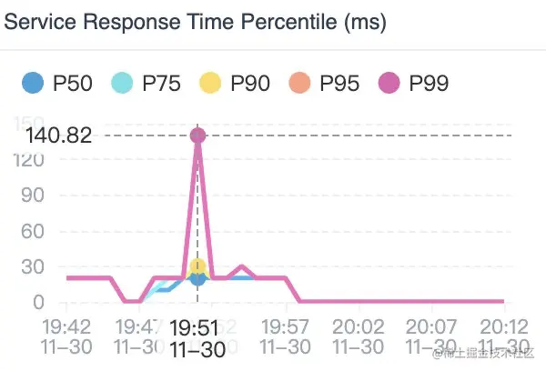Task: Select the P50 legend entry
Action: tap(58, 84)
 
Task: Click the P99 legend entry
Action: tap(414, 84)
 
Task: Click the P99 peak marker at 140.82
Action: tap(197, 135)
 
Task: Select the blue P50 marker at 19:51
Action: tap(197, 278)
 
